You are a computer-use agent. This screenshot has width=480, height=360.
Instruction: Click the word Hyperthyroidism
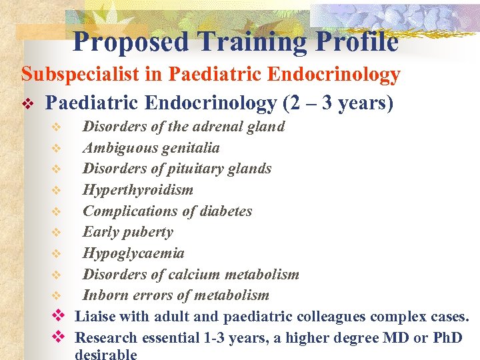[x=138, y=190]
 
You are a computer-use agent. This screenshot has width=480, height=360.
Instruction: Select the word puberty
[x=149, y=233]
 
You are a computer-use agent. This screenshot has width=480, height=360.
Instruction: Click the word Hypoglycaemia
[x=133, y=253]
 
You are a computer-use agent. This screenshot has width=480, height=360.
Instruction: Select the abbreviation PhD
[x=447, y=338]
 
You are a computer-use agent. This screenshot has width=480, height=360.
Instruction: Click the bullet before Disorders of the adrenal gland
[x=57, y=127]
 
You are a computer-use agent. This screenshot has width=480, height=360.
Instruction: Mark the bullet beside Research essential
[x=57, y=337]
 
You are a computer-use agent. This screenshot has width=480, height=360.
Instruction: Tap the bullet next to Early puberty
[x=57, y=233]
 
